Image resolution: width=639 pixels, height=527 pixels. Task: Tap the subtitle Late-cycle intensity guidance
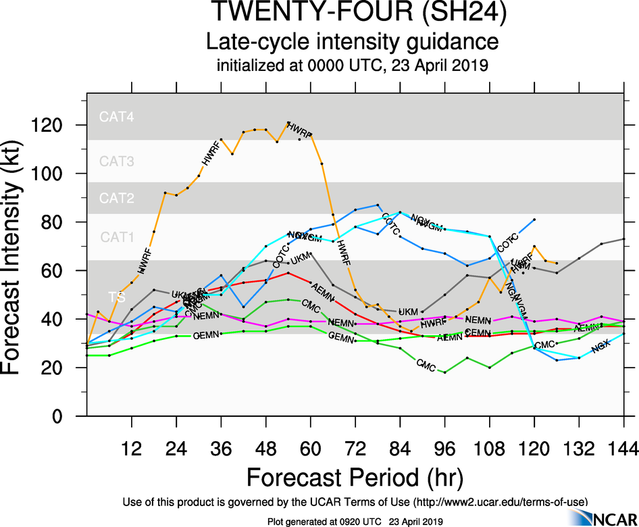[x=353, y=42]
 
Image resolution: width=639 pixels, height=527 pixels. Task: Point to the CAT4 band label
[x=117, y=116]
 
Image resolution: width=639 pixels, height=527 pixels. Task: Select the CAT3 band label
[x=117, y=161]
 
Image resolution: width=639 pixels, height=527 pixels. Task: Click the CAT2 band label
[x=117, y=198]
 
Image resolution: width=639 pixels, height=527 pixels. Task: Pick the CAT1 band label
[x=117, y=236]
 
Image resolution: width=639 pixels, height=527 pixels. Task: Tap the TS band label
[x=116, y=296]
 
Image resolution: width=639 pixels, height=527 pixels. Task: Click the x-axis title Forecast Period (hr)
[x=355, y=477]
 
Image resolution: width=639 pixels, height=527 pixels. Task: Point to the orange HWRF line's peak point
[x=288, y=123]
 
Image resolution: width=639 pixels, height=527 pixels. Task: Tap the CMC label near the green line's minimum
[x=426, y=366]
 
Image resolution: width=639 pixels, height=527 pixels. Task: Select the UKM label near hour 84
[x=407, y=311]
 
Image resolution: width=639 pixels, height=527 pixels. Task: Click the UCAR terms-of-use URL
[x=500, y=501]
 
